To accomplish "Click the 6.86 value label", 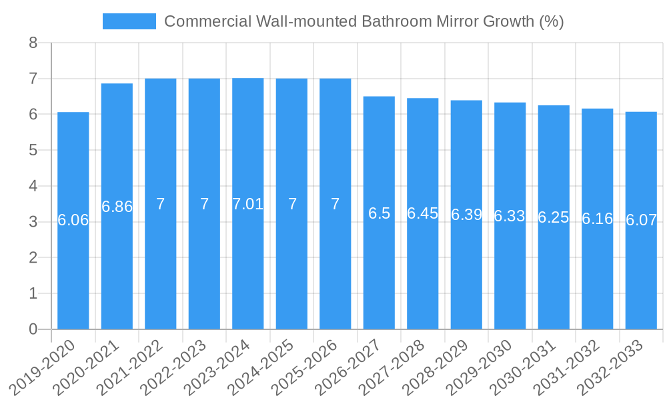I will (117, 207).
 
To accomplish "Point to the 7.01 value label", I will (248, 204).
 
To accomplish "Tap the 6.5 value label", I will (379, 213).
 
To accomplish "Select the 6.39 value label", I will (466, 215).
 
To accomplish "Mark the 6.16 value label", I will (598, 219).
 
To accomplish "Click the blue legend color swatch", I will (129, 21).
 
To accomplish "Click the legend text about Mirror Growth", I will (364, 21).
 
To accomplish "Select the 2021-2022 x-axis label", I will (137, 367).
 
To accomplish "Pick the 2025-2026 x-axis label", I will (312, 367).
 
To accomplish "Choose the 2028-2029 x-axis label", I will (444, 367).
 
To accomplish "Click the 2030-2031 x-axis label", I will (531, 367).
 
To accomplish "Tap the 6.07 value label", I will (641, 220).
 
